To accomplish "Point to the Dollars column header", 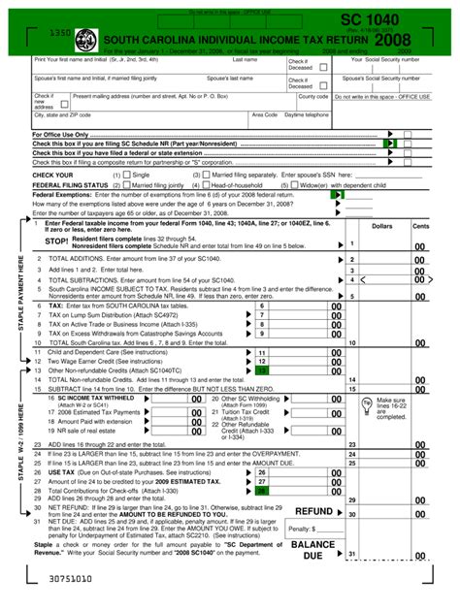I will pyautogui.click(x=382, y=225).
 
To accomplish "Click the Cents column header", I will pyautogui.click(x=420, y=225).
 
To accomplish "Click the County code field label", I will pyautogui.click(x=312, y=96).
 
